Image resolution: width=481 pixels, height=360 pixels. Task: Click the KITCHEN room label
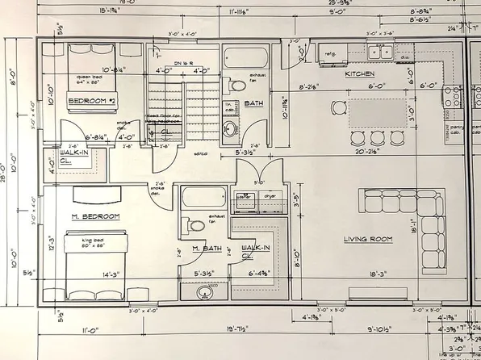pos(360,73)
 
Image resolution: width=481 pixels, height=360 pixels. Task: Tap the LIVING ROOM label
pos(366,238)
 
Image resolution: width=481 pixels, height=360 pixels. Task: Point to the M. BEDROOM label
pos(95,216)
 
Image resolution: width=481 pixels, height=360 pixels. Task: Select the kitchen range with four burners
pos(453,98)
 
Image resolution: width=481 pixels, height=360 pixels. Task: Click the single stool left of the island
pos(337,107)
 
